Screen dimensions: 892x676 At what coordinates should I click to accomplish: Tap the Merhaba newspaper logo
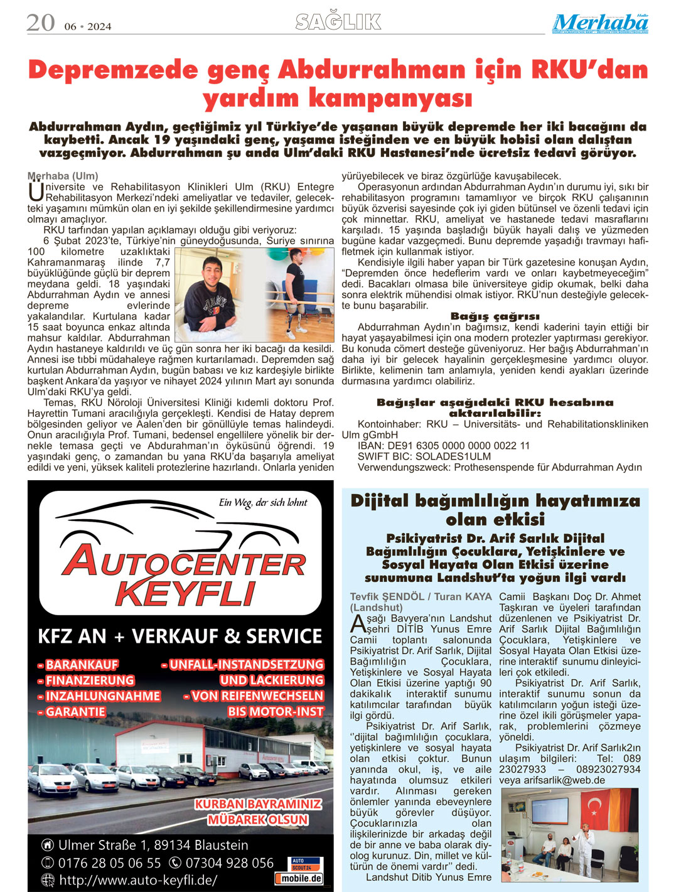point(600,23)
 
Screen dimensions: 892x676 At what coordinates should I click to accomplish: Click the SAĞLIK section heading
point(338,22)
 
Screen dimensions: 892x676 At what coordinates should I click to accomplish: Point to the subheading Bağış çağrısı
point(495,316)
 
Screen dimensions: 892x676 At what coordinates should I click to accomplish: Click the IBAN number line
point(444,446)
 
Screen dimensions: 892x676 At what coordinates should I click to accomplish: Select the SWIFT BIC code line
point(424,456)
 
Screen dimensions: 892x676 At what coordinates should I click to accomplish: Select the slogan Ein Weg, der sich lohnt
point(263,502)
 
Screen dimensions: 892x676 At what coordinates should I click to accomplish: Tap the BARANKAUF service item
point(78,665)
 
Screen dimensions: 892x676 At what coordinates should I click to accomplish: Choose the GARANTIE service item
point(72,712)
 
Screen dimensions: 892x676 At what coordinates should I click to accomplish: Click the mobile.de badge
point(299,879)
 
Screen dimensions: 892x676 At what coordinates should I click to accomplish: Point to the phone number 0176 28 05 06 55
point(110,863)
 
